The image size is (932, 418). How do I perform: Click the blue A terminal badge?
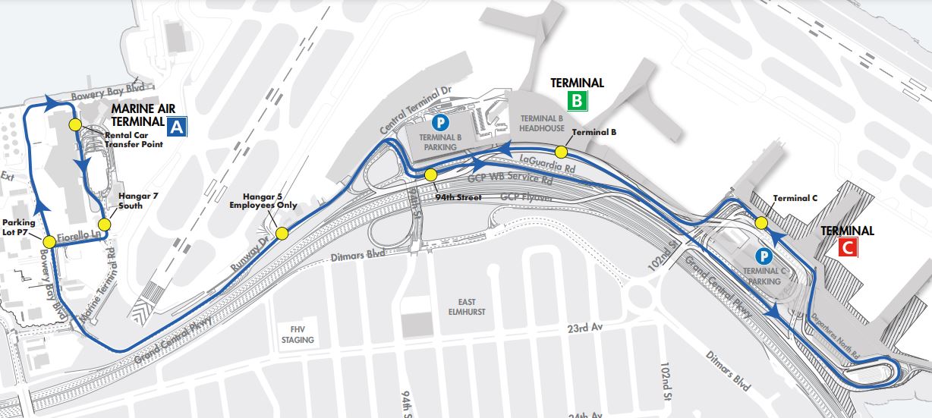178,127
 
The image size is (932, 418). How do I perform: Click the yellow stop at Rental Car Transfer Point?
74,124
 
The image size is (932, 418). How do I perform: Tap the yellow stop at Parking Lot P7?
49,241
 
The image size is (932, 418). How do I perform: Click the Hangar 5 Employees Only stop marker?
282,233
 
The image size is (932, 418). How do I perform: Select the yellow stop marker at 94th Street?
430,175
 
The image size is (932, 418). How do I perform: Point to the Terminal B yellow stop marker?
561,151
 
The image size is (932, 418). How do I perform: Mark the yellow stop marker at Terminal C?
760,222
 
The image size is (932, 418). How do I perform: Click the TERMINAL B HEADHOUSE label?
541,124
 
